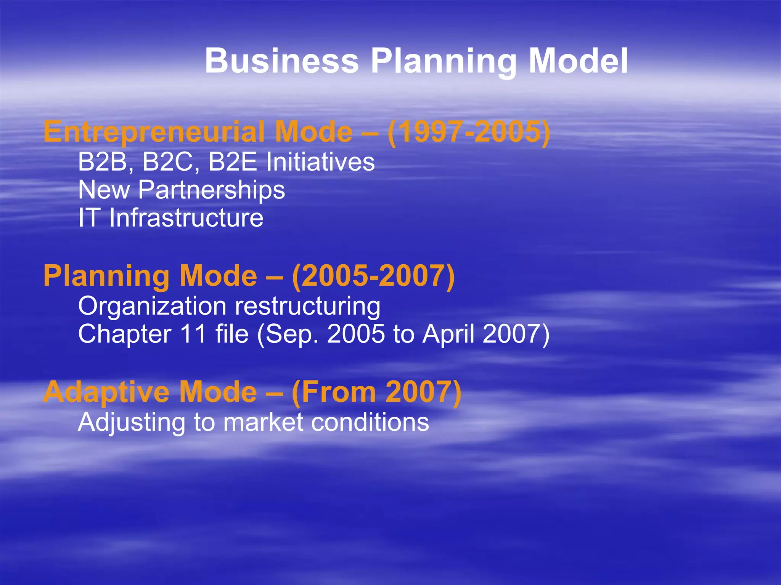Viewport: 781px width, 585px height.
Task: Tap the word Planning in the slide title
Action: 444,62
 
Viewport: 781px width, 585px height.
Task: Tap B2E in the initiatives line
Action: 233,161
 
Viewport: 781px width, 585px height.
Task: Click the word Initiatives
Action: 320,161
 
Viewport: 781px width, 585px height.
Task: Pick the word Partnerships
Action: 211,190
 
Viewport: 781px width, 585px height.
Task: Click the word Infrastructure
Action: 186,218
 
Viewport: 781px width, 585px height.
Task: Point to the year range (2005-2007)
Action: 373,276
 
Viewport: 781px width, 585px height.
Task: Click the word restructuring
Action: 307,307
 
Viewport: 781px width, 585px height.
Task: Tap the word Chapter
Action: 124,334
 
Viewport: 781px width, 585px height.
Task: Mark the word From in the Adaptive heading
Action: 335,392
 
